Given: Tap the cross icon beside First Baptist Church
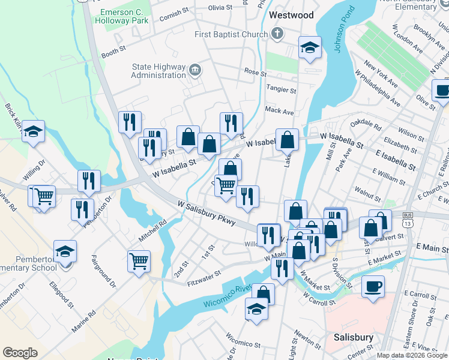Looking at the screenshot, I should (278, 34).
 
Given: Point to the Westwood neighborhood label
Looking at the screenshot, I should (291, 14).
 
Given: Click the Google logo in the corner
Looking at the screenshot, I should (20, 353).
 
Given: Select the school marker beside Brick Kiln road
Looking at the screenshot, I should (34, 131).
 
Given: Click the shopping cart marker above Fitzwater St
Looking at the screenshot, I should (139, 261).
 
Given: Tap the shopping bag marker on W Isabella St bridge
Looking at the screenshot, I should (288, 140).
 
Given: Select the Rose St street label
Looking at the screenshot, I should (255, 72).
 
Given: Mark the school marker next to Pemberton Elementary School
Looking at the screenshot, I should (65, 251).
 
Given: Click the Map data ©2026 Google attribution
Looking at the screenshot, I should (411, 355).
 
